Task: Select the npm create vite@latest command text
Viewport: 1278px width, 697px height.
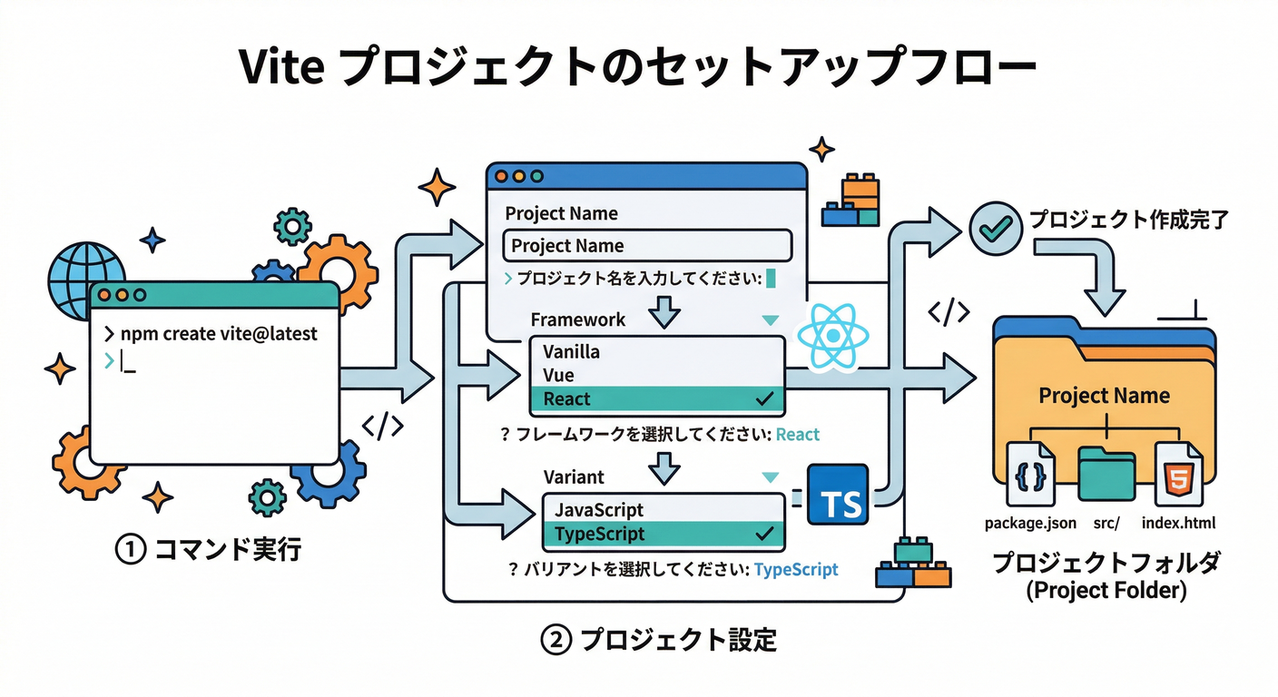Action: tap(219, 333)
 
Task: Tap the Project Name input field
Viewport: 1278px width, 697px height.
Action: tap(647, 245)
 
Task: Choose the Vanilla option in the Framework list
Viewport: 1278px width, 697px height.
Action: tap(572, 351)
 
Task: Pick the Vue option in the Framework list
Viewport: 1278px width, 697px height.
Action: tap(558, 375)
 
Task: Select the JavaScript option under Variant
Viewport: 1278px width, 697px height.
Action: tap(599, 510)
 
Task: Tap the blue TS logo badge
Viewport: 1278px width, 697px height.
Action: tap(838, 495)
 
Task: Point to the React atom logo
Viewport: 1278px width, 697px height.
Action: tap(831, 337)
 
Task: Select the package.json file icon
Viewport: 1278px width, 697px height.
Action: tap(1030, 475)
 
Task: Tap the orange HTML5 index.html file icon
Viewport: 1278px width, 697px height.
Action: tap(1177, 475)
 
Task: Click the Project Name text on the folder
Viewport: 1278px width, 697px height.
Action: tap(1104, 396)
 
